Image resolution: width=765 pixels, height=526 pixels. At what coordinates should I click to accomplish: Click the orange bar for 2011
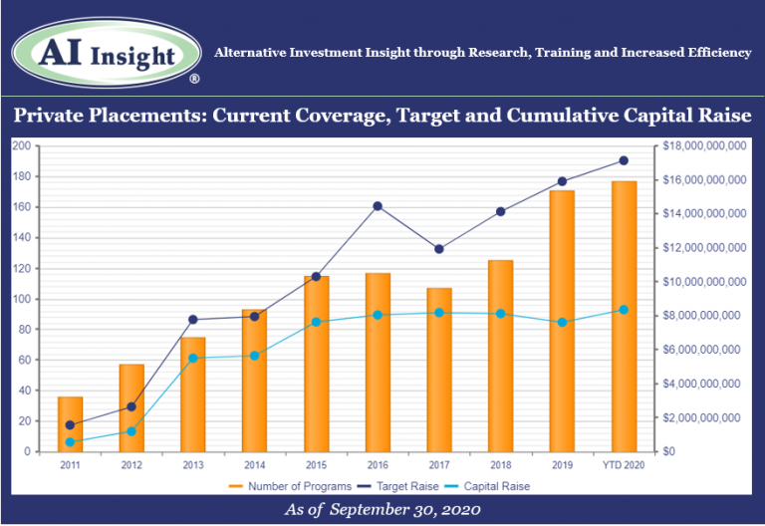pyautogui.click(x=70, y=423)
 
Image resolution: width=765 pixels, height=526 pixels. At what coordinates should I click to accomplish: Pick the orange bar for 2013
pyautogui.click(x=192, y=394)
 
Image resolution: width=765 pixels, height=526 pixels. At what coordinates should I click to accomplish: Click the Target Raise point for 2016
pyautogui.click(x=378, y=206)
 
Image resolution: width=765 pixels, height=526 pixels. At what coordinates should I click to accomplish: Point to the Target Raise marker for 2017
pyautogui.click(x=439, y=249)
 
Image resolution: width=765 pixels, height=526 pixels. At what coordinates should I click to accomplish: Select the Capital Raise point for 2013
pyautogui.click(x=192, y=358)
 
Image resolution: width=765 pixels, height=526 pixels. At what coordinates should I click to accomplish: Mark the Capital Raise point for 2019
pyautogui.click(x=562, y=323)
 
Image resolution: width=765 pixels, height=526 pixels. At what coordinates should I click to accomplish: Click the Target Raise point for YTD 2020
pyautogui.click(x=624, y=160)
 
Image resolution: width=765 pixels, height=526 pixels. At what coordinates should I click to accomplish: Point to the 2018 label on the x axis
pyautogui.click(x=500, y=464)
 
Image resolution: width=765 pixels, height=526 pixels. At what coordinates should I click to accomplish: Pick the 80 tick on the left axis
pyautogui.click(x=23, y=330)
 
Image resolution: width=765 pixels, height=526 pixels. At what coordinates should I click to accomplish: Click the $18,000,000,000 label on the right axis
pyautogui.click(x=702, y=145)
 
